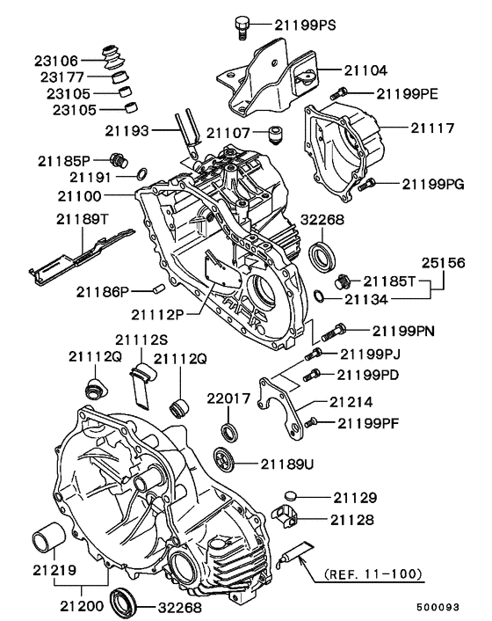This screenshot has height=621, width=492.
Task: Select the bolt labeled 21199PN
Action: point(330,332)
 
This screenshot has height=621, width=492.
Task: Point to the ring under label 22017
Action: point(228,432)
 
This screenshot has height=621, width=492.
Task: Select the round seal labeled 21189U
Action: point(225,459)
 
